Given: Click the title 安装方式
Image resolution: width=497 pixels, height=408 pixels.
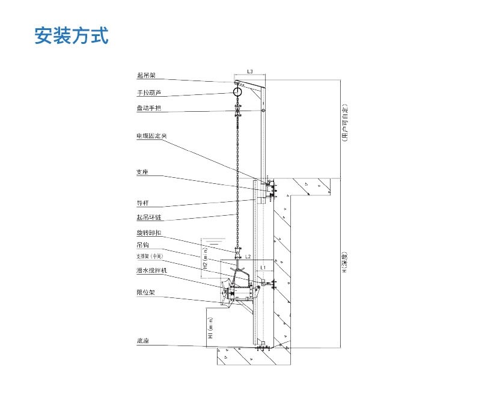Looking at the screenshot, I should point(72,36).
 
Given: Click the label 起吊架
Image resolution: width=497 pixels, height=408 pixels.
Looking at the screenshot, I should point(146,76).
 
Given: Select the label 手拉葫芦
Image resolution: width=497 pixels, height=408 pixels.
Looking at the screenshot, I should point(148,93).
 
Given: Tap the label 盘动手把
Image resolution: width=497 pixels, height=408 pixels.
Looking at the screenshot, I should point(148,109).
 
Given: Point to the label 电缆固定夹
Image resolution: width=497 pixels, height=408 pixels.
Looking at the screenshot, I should point(151,136).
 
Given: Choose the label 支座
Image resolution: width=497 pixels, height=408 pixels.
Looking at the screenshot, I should point(142,172).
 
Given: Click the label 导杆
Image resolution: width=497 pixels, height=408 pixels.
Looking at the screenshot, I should point(142,203).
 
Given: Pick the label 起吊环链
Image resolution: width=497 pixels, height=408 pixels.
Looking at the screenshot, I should point(148,218).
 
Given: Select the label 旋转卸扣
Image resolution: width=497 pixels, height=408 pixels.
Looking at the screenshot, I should point(148,233).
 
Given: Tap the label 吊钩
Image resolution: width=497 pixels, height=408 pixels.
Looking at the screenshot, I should point(142,245).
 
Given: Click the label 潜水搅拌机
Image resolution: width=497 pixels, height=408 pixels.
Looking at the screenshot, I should point(151,271).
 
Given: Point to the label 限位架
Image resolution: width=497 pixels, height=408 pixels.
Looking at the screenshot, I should point(145,293).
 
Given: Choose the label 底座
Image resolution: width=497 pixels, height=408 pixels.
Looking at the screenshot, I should point(142,341).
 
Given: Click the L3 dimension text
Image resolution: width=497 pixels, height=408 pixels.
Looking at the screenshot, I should point(250,72).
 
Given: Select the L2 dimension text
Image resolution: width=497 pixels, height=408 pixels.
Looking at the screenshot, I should point(248,256).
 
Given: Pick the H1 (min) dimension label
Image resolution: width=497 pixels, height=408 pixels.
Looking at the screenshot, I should point(211,329).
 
